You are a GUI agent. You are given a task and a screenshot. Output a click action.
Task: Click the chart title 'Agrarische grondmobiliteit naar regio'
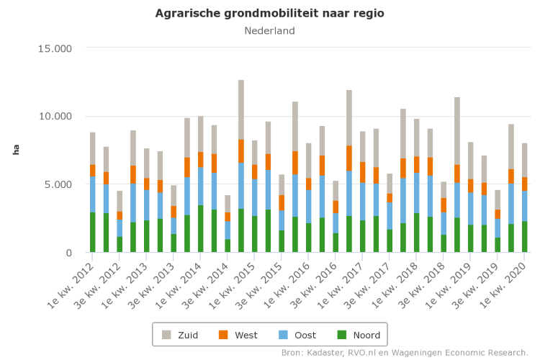point(269,14)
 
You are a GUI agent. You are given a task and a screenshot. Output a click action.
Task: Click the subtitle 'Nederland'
point(269,31)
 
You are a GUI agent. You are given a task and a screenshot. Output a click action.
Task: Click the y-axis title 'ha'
point(16,150)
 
